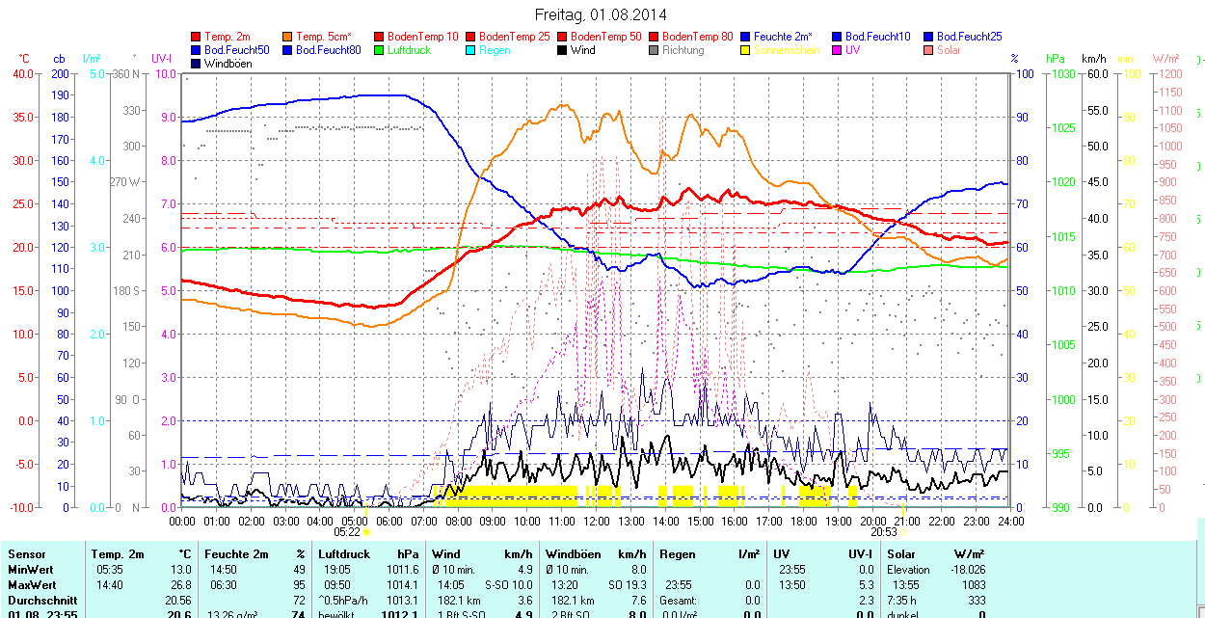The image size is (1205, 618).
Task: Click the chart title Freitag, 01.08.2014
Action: (x=601, y=14)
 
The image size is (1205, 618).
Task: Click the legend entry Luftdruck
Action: (x=409, y=50)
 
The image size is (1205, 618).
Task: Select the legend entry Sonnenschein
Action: (x=787, y=50)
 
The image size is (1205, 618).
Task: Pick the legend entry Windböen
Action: (x=228, y=64)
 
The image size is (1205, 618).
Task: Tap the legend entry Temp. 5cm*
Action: (x=324, y=37)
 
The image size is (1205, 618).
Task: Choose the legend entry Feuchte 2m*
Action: (x=783, y=37)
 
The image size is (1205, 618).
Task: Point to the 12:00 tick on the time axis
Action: (x=596, y=521)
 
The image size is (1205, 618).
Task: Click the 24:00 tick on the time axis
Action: (x=1009, y=521)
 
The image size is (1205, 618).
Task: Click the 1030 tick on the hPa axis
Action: (x=1062, y=74)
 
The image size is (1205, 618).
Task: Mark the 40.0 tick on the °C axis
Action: (x=22, y=74)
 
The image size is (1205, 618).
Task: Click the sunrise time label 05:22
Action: (x=347, y=531)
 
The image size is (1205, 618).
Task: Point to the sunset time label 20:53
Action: (x=884, y=531)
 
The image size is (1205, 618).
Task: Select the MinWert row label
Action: (x=32, y=570)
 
